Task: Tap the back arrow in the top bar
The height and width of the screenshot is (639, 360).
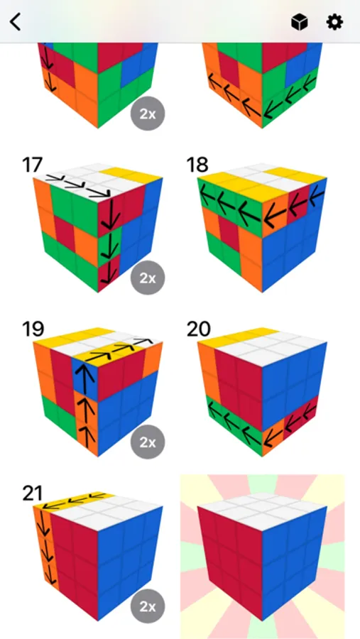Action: coord(16,22)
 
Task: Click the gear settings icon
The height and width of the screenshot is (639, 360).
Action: coord(334,22)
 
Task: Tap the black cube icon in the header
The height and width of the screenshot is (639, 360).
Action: coord(299,22)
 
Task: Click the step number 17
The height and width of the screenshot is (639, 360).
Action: coord(32,165)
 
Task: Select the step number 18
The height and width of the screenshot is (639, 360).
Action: coord(197,165)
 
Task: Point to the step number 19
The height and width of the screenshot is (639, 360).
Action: coord(32,329)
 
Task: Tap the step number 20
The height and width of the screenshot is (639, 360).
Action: coord(199,329)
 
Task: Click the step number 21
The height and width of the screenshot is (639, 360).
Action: coord(32,493)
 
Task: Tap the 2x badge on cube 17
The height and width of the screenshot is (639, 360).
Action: coord(148,278)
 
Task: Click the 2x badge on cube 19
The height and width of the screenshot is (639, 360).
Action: coord(148,442)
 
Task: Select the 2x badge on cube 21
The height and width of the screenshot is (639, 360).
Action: coord(148,606)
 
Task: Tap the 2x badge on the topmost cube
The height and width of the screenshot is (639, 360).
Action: coord(148,114)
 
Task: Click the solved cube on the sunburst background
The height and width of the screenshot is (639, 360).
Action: coord(262,558)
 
